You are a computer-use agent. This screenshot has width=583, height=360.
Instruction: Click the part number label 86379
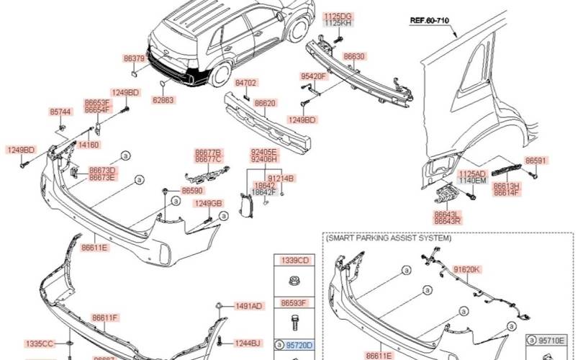pyautogui.click(x=135, y=58)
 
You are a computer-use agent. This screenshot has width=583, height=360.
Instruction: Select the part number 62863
pyautogui.click(x=163, y=101)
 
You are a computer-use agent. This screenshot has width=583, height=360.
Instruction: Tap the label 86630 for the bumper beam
pyautogui.click(x=354, y=55)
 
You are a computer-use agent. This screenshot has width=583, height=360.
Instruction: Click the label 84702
pyautogui.click(x=245, y=84)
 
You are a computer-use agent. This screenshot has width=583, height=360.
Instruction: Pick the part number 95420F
pyautogui.click(x=313, y=76)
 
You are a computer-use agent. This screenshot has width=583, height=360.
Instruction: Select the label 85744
pyautogui.click(x=60, y=112)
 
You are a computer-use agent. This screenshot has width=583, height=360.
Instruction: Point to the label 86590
pyautogui.click(x=191, y=191)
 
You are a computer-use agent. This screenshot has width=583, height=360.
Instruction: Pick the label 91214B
pyautogui.click(x=281, y=178)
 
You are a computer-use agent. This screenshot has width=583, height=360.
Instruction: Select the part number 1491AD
pyautogui.click(x=248, y=306)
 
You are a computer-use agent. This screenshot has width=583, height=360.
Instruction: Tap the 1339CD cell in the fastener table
pyautogui.click(x=294, y=260)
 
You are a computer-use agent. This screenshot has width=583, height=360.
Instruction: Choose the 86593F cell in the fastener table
pyautogui.click(x=294, y=303)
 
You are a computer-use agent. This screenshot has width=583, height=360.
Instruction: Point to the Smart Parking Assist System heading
pyautogui.click(x=389, y=238)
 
